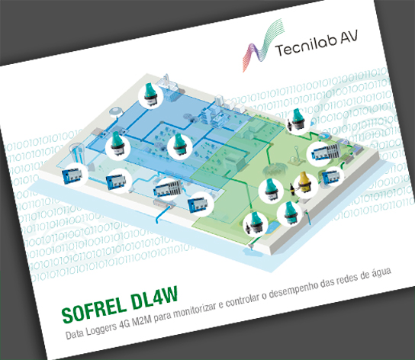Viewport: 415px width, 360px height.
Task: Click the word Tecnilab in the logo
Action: tap(306, 46)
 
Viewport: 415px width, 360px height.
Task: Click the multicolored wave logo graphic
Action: tap(263, 45)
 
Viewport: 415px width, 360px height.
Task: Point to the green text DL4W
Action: tap(155, 297)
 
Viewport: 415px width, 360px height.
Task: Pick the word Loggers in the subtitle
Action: tap(101, 329)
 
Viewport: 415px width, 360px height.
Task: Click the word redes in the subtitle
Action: tap(346, 280)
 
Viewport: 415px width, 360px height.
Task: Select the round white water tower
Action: tap(116, 111)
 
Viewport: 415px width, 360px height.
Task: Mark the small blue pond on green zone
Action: tap(272, 227)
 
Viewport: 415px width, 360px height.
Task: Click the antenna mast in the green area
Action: tap(297, 154)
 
